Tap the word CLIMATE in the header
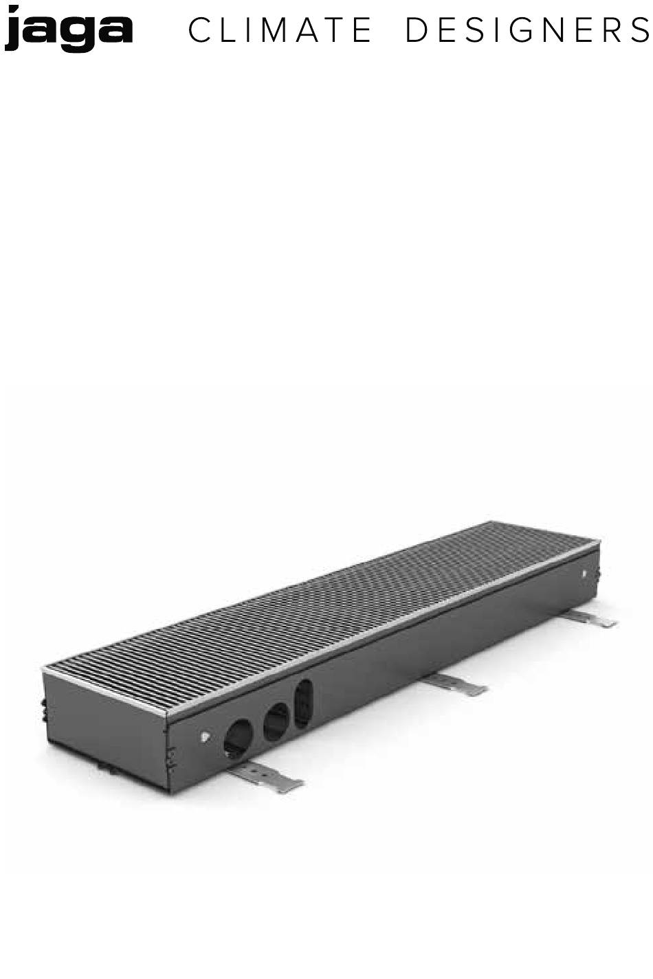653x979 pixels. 280,30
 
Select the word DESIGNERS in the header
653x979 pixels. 528,30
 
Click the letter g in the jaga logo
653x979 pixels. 79,34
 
